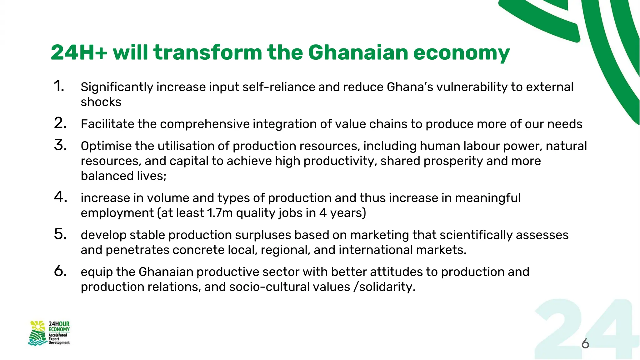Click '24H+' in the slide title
(x=79, y=52)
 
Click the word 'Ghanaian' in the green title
(x=358, y=52)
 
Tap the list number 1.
(x=59, y=86)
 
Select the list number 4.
(x=60, y=197)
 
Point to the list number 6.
(x=60, y=271)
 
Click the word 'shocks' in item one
(x=101, y=102)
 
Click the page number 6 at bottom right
(x=585, y=344)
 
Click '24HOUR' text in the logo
(x=59, y=324)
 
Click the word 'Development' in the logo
(x=59, y=343)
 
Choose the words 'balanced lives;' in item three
(x=123, y=176)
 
